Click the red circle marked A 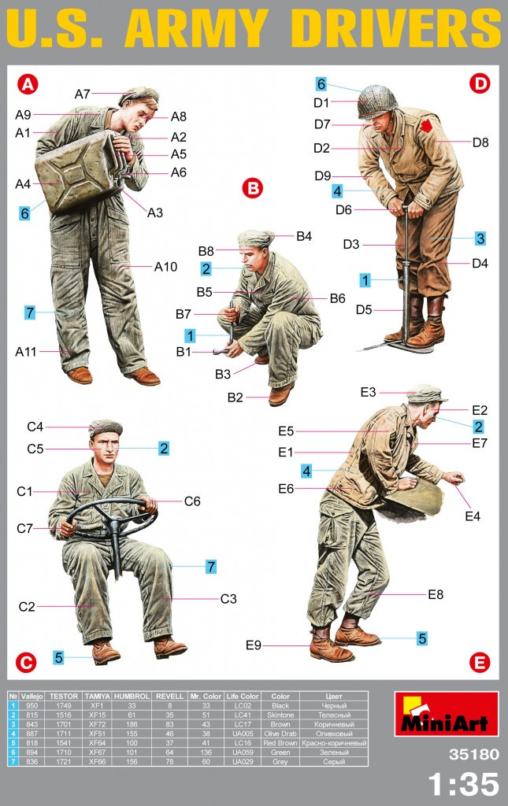[x=28, y=83]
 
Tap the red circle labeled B [x=253, y=188]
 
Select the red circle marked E [x=479, y=663]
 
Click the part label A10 [x=165, y=266]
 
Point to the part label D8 [x=480, y=142]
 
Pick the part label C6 [x=192, y=501]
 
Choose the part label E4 [x=472, y=516]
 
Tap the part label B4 [x=304, y=236]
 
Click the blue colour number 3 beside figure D [x=480, y=238]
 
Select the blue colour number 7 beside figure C [x=211, y=567]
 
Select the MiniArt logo [x=447, y=714]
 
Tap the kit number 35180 [x=473, y=754]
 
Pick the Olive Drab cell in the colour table [x=280, y=734]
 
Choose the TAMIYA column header [x=97, y=697]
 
